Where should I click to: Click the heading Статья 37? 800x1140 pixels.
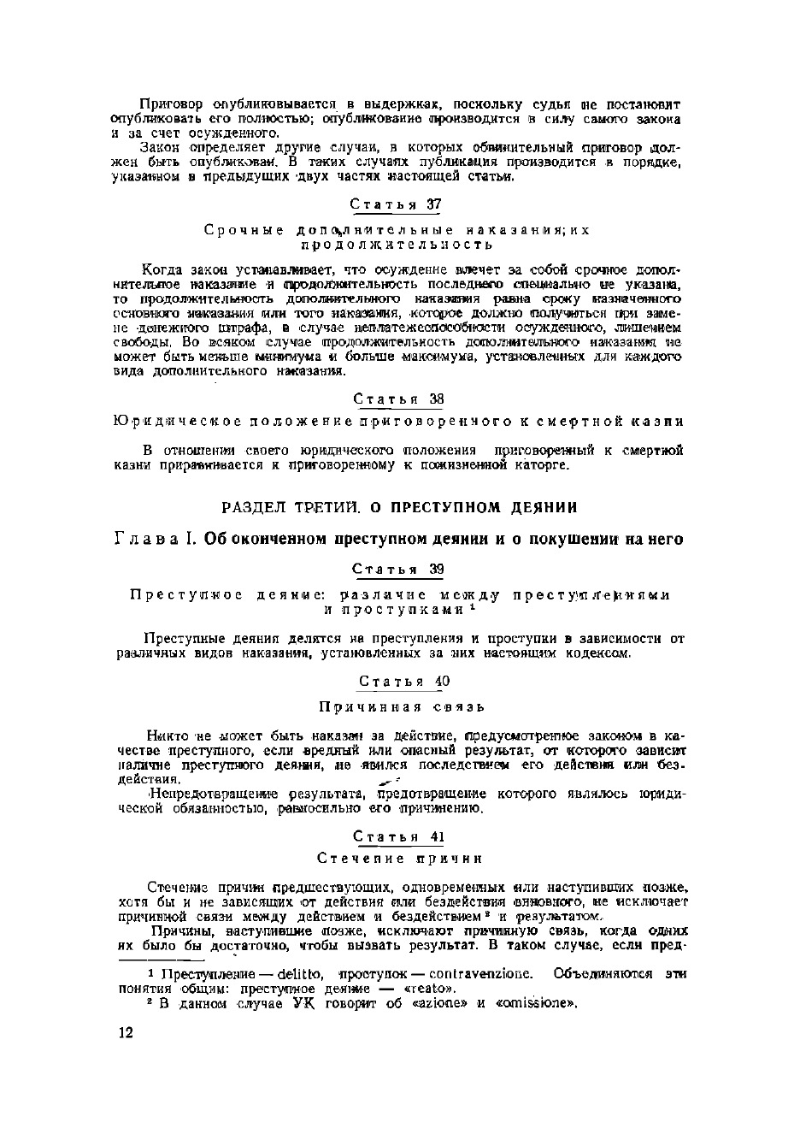(397, 205)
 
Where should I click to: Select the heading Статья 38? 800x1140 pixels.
(398, 399)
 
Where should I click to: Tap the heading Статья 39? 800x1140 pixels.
(397, 570)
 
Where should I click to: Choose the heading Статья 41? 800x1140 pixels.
(398, 836)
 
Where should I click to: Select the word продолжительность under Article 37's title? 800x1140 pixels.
(397, 245)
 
